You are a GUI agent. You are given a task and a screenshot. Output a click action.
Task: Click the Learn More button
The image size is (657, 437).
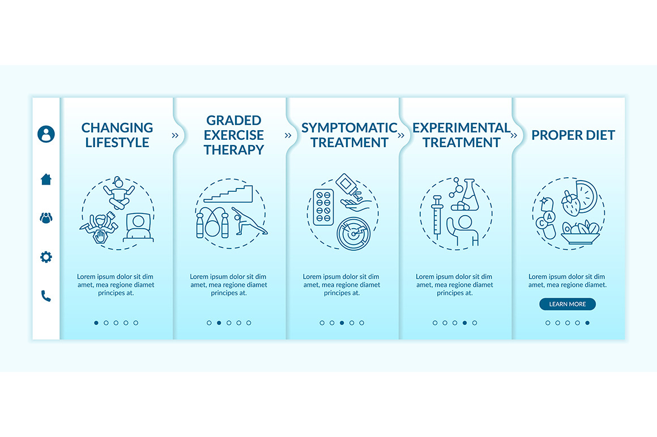(568, 304)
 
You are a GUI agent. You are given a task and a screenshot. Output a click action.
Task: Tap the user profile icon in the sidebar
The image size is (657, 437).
(46, 134)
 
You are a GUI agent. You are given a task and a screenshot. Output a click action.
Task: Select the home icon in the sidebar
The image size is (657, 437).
(46, 179)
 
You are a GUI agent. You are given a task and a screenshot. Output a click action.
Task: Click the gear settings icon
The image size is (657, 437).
(46, 256)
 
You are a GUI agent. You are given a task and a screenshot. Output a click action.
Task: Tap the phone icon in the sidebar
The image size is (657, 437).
(46, 295)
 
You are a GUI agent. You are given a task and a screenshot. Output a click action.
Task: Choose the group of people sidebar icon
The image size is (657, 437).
(46, 218)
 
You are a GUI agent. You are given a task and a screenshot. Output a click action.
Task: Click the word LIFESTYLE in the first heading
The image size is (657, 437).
(117, 142)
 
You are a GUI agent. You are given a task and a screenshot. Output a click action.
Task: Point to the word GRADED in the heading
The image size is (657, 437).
(234, 120)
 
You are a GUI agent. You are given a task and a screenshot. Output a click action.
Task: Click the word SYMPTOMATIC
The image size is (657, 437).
(349, 128)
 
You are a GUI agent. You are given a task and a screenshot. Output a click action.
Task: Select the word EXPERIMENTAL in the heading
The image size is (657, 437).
(462, 128)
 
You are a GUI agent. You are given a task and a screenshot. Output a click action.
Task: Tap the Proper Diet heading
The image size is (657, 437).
(573, 135)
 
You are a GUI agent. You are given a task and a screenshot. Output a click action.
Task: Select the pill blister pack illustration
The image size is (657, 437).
(323, 207)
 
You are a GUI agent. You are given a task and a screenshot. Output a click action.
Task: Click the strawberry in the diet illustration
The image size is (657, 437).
(571, 204)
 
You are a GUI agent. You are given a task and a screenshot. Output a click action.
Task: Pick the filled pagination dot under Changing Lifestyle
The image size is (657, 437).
(96, 323)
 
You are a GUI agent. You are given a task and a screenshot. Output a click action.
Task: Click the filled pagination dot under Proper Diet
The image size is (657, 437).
(587, 323)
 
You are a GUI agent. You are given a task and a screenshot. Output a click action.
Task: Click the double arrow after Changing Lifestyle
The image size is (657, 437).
(175, 135)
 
